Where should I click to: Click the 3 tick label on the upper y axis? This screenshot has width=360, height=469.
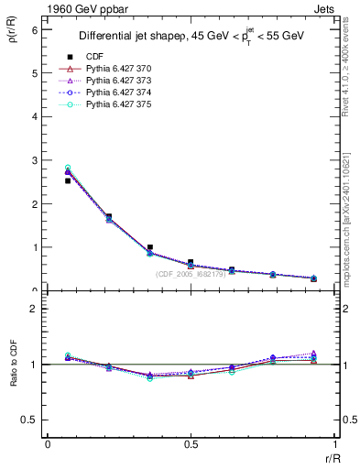click(34, 160)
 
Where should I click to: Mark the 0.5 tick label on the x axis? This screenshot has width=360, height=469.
click(191, 443)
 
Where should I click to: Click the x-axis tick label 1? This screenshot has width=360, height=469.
click(334, 443)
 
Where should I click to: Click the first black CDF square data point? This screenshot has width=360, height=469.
click(68, 180)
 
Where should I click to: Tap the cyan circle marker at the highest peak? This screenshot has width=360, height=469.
click(68, 168)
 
